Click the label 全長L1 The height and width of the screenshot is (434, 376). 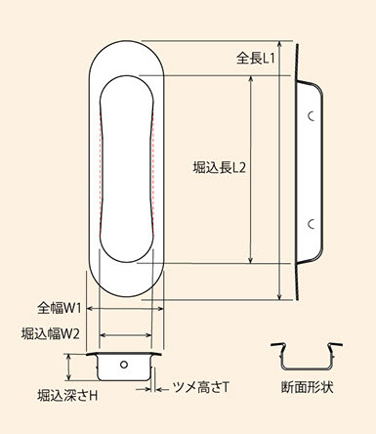tap(256, 59)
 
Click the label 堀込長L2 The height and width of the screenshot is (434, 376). tap(219, 168)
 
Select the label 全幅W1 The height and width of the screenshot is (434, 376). tap(59, 308)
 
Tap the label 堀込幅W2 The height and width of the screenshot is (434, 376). tap(51, 334)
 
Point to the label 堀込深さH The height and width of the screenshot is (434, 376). tap(67, 396)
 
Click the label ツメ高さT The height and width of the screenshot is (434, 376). tap(201, 388)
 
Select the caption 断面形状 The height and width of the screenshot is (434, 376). tap(307, 387)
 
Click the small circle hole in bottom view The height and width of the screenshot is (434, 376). tap(124, 365)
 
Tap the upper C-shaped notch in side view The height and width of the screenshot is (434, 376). tap(310, 116)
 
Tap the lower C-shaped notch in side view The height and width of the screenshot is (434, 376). tap(310, 224)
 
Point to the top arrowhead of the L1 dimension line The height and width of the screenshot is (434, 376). tap(279, 44)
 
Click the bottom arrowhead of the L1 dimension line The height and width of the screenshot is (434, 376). tap(279, 296)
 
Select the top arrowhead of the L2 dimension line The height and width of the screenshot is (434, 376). tap(250, 79)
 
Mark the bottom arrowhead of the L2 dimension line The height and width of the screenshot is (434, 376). tap(250, 259)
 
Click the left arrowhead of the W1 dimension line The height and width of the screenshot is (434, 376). tap(90, 308)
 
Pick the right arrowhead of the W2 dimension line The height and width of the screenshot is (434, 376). tap(149, 334)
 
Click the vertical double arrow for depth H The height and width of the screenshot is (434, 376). tap(68, 367)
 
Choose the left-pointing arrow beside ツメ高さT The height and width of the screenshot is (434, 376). tap(162, 389)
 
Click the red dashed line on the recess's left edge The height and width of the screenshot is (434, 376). tap(100, 169)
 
